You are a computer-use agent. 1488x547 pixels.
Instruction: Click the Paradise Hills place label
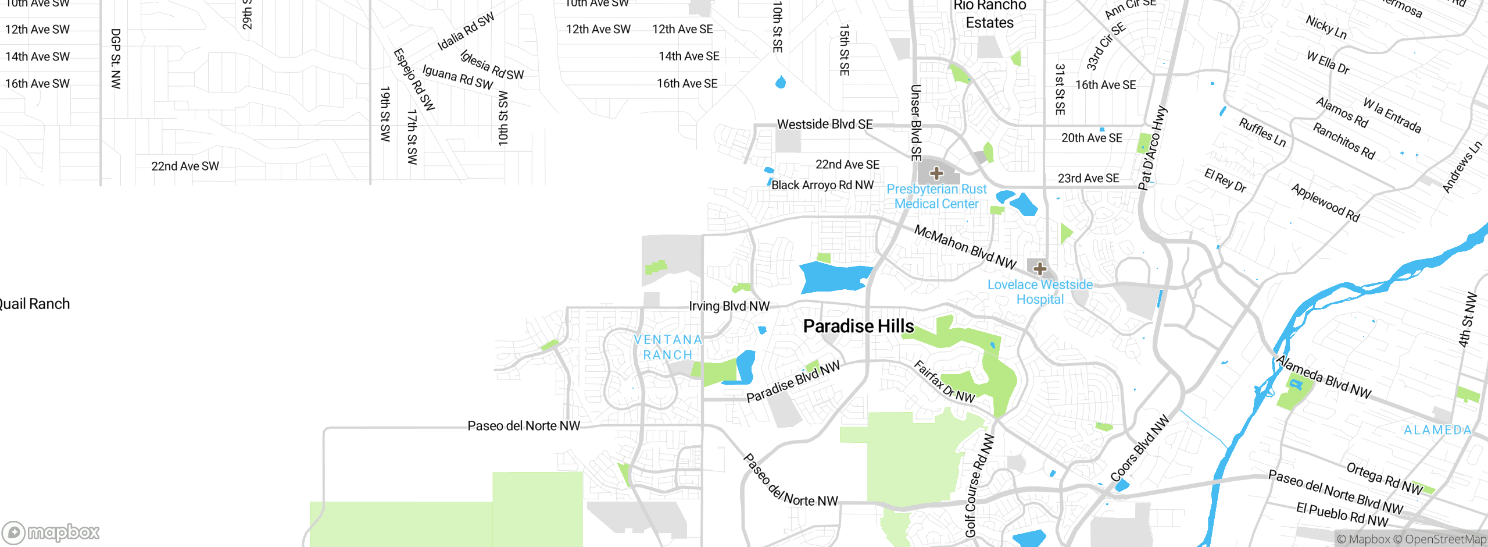(858, 326)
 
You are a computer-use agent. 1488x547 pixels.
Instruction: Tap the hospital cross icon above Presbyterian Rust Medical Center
(936, 173)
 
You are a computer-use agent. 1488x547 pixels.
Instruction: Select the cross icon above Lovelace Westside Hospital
(1040, 269)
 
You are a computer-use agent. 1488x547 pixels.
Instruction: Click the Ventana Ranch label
(667, 347)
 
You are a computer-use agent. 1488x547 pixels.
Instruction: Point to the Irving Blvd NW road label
(729, 306)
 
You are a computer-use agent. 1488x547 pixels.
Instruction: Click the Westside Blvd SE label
(824, 125)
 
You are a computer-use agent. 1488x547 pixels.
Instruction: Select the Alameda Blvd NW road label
(1324, 377)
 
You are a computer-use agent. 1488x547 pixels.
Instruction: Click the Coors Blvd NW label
(1139, 449)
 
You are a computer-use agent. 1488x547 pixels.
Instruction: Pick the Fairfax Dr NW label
(944, 382)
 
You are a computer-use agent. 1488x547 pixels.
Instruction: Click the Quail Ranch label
(34, 304)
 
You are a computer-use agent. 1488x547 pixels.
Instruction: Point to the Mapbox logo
(51, 532)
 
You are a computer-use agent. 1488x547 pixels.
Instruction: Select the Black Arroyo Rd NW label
(822, 185)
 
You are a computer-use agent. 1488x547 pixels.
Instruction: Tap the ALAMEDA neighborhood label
(1437, 430)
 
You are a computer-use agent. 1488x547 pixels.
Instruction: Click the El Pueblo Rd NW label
(1342, 514)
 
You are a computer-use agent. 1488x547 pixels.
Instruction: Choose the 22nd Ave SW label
(185, 166)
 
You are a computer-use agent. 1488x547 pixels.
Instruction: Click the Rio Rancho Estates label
(989, 15)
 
